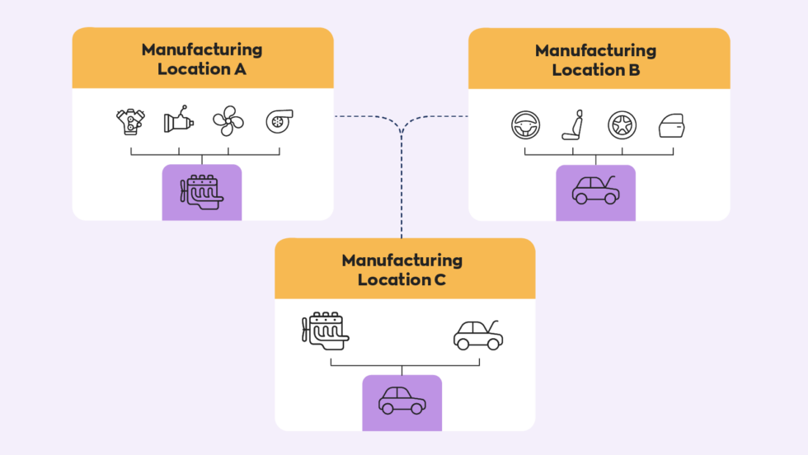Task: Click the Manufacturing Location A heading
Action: point(202,59)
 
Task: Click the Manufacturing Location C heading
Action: point(402,270)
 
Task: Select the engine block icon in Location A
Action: point(130,122)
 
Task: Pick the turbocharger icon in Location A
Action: point(278,122)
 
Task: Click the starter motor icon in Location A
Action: point(178,121)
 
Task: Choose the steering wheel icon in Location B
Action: point(524,126)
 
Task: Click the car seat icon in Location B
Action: point(573,126)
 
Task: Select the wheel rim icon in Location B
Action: point(622,126)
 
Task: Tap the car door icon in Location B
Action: point(671,127)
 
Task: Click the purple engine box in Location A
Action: point(202,192)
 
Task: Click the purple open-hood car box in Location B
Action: point(595,193)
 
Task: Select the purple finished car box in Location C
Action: point(402,402)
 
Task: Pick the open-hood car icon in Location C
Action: point(478,334)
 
